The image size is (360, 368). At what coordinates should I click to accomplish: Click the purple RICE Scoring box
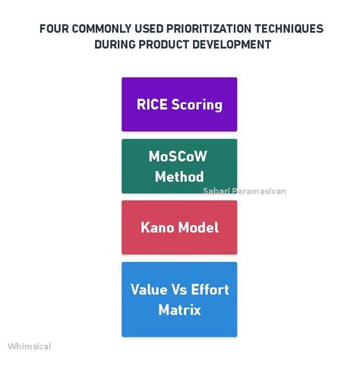pos(179,104)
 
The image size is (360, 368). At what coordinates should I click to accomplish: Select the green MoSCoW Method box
pos(179,165)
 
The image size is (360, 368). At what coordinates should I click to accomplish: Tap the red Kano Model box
pos(179,227)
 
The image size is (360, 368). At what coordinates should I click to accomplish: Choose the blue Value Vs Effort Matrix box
pos(179,299)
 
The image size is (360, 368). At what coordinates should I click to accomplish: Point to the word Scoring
pos(196,105)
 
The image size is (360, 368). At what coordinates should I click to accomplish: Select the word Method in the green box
pos(179,177)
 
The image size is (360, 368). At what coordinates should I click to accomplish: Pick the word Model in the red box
pos(198,227)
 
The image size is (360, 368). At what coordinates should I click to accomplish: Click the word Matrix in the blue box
pos(179,310)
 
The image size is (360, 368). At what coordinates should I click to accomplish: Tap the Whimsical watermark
pos(30,346)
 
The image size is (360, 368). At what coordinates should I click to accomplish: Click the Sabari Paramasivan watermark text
pos(245,191)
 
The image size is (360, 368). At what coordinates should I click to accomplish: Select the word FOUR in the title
pos(55,29)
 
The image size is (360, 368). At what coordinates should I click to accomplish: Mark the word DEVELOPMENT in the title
pos(231,44)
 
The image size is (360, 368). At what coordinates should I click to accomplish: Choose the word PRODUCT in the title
pos(163,44)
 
